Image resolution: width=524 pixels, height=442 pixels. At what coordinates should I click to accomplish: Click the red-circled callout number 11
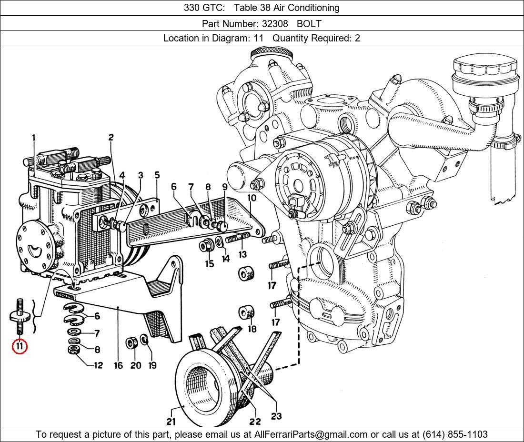point(20,346)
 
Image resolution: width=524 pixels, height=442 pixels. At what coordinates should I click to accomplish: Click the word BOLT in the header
point(309,23)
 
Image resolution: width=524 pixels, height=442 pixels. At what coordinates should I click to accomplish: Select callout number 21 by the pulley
point(171,421)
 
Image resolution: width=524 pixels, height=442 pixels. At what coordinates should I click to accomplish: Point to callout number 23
point(276,416)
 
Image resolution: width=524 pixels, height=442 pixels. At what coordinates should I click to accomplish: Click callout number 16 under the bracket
point(118,365)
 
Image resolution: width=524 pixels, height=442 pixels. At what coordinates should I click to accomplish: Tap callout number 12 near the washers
point(98,365)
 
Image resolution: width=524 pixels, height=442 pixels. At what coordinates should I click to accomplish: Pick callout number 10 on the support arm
point(252,197)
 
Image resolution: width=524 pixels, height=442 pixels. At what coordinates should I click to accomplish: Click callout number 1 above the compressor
point(34,138)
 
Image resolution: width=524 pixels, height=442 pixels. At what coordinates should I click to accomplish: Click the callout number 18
point(252,329)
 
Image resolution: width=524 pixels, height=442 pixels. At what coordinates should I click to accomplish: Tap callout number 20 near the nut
point(136,365)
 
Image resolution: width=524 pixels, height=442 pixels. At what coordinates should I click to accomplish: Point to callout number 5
point(157,175)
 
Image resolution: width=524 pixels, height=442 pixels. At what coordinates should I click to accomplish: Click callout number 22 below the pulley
point(255,421)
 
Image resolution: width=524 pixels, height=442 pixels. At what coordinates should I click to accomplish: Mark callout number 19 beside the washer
point(152,365)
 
